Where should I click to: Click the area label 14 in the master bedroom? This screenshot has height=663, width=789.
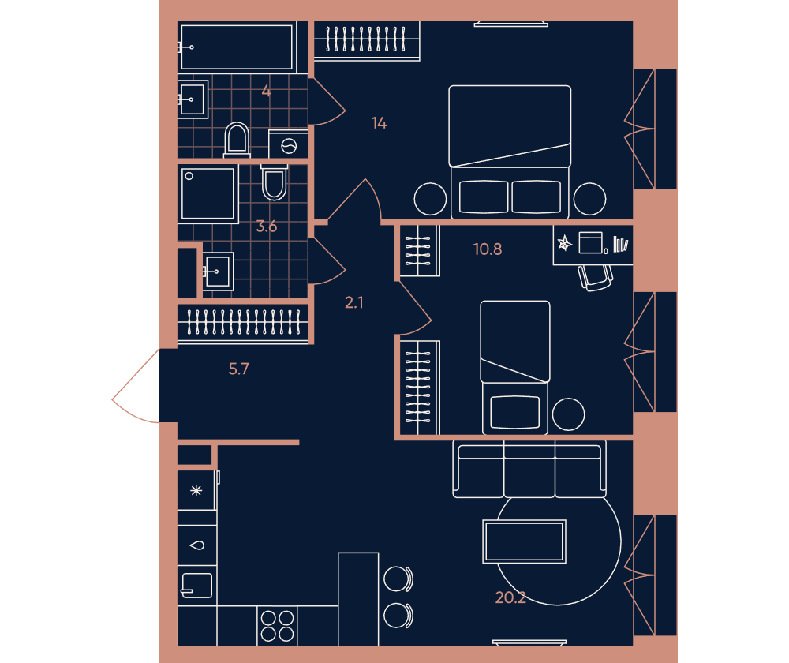click(x=379, y=123)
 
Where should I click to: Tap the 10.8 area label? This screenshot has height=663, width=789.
click(x=488, y=249)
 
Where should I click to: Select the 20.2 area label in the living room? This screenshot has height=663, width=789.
click(x=510, y=597)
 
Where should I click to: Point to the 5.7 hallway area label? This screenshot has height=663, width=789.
click(x=238, y=369)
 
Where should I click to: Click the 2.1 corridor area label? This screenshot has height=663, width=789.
click(x=353, y=302)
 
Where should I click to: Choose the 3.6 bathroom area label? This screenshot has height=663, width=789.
click(x=266, y=227)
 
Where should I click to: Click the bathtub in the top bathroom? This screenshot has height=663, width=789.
click(x=237, y=47)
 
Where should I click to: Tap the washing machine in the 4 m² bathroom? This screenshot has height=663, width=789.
click(x=288, y=144)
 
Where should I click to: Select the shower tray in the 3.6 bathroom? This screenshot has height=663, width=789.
click(x=208, y=194)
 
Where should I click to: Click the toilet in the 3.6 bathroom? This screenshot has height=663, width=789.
click(x=275, y=182)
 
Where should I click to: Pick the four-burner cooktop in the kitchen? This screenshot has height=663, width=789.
click(x=277, y=626)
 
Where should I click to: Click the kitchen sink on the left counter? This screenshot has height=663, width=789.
click(x=197, y=586)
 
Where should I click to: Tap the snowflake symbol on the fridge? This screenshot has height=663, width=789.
click(x=196, y=490)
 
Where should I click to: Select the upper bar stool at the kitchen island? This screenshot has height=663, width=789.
click(x=398, y=579)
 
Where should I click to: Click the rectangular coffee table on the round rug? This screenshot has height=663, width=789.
click(x=525, y=541)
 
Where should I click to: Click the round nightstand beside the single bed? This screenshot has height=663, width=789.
click(x=569, y=414)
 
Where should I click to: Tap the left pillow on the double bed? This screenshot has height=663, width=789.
click(x=484, y=197)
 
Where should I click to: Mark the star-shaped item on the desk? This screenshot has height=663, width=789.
click(x=565, y=244)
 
